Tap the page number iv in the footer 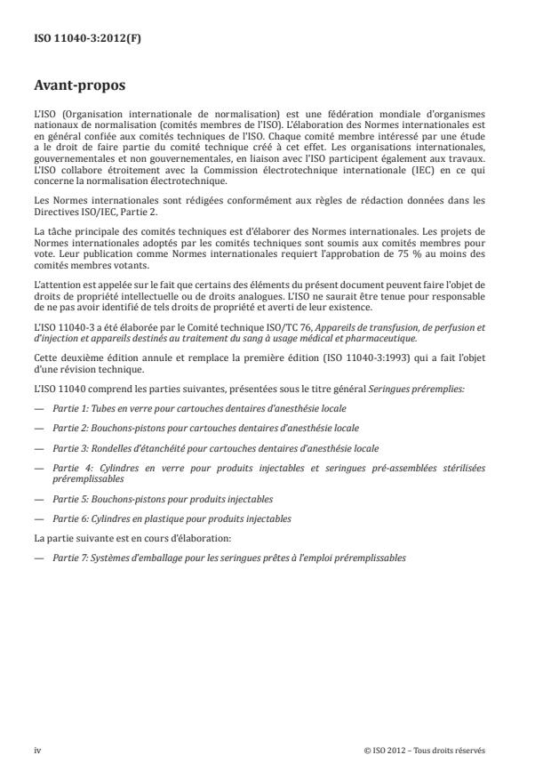(x=37, y=750)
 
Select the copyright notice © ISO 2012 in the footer (x=424, y=750)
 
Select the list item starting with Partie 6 (x=171, y=518)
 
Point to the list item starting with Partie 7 (x=228, y=557)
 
